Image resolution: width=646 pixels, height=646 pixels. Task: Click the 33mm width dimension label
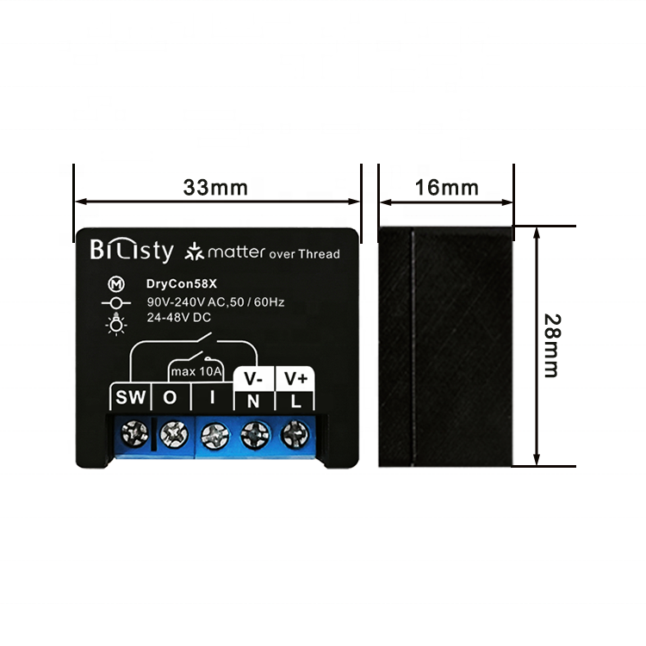click(x=215, y=188)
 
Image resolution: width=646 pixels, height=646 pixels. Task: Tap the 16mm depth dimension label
click(x=446, y=188)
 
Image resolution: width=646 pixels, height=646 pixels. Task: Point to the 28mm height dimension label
click(x=552, y=345)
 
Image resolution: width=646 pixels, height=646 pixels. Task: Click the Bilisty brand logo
click(x=132, y=250)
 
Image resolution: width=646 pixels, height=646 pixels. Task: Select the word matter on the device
click(x=237, y=252)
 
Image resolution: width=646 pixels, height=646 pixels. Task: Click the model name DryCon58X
click(x=181, y=284)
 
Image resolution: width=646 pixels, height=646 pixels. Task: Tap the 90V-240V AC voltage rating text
click(x=215, y=302)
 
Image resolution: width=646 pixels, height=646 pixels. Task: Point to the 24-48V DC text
click(x=179, y=317)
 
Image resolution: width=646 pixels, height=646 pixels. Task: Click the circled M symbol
click(x=116, y=284)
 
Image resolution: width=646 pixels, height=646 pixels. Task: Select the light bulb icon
click(x=116, y=324)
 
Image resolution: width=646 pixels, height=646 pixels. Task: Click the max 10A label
click(x=196, y=371)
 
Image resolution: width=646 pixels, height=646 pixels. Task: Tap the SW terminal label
click(x=131, y=398)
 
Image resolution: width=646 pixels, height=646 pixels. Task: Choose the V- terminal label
click(x=253, y=379)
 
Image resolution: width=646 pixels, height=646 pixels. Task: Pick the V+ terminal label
click(x=295, y=378)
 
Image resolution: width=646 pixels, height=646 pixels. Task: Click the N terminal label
click(x=253, y=401)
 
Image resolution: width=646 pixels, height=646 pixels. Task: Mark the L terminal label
click(x=295, y=401)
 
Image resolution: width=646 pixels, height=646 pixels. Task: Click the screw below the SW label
click(x=134, y=434)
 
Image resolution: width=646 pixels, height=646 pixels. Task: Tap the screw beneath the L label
click(x=295, y=434)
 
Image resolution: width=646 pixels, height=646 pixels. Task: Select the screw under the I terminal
click(x=214, y=436)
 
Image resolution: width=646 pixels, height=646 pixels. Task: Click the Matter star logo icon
click(x=194, y=252)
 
